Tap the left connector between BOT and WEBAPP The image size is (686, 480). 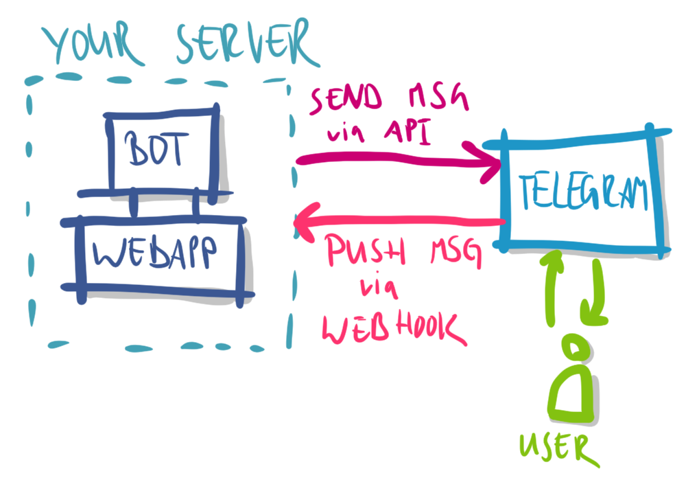coord(134,205)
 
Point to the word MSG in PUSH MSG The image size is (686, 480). coord(445,255)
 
